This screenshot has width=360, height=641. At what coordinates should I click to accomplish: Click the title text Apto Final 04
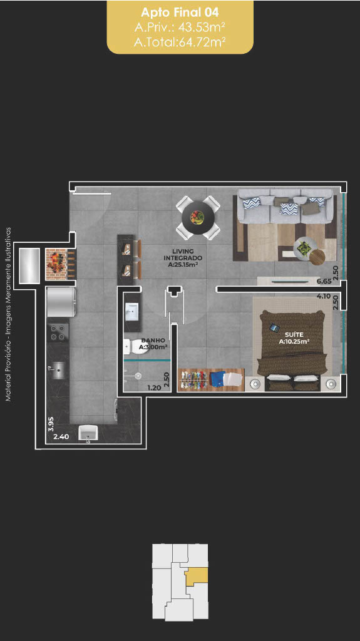click(x=180, y=13)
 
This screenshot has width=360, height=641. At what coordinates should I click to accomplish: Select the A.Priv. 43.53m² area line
click(x=180, y=28)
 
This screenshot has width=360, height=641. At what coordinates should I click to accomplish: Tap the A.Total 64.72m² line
click(x=180, y=41)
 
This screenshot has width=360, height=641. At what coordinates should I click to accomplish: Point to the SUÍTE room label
click(x=294, y=338)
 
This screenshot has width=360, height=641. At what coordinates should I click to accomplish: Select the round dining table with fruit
click(x=198, y=217)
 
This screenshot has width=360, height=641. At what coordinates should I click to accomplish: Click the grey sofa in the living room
click(x=285, y=206)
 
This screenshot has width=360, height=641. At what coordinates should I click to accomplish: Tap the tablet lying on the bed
click(x=274, y=327)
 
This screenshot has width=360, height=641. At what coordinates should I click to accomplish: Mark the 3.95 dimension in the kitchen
click(x=51, y=425)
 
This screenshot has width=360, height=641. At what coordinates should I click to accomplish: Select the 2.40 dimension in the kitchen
click(x=61, y=436)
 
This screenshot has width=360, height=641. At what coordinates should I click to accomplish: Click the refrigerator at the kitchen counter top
click(x=61, y=302)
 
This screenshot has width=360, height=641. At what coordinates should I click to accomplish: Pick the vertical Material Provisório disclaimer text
click(x=8, y=314)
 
